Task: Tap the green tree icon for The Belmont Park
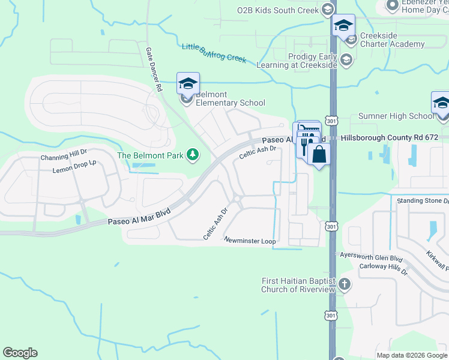pos(193,155)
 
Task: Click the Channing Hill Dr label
pos(64,158)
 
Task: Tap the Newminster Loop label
pos(250,241)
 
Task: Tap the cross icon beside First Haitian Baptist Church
pos(345,284)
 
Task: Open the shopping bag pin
pos(319,154)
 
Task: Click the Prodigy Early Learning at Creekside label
pos(297,60)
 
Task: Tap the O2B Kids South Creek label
pos(277,10)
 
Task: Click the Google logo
pos(20,353)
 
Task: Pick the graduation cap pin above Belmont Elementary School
pos(188,83)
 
